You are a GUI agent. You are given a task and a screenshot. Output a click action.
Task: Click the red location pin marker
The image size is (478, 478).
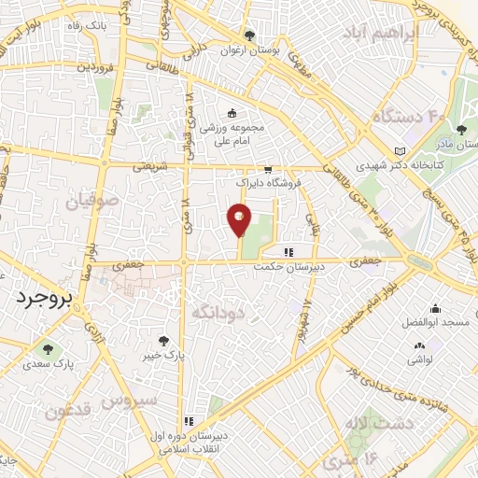coord(239,220)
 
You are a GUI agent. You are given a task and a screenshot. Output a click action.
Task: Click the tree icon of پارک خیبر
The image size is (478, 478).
coord(165,342)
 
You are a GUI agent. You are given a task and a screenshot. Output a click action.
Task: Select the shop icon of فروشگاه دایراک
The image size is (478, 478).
coord(269,171)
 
